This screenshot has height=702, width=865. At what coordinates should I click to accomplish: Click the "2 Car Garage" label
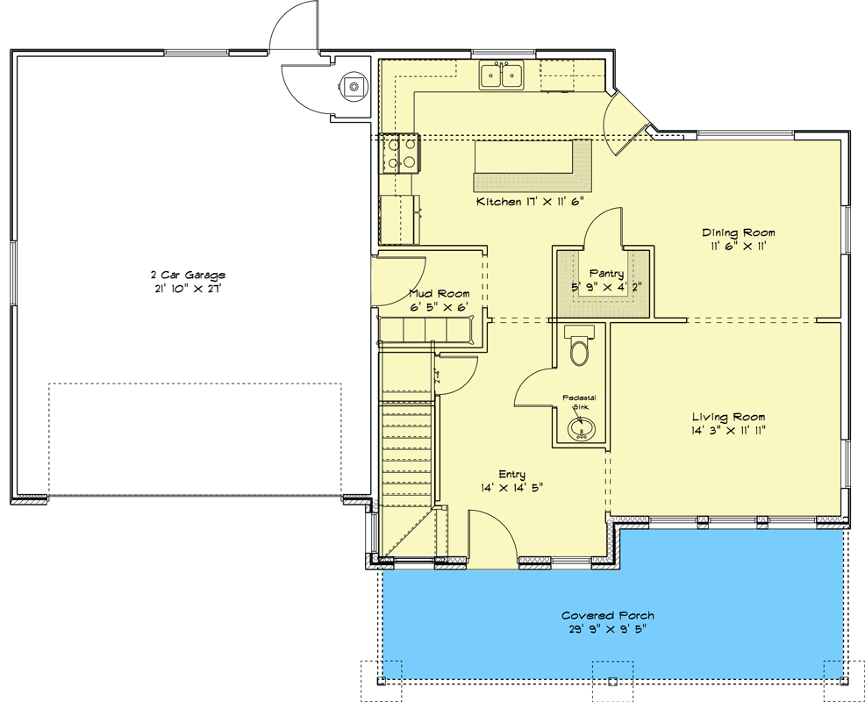click(x=187, y=275)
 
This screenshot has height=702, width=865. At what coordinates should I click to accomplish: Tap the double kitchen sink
click(x=502, y=75)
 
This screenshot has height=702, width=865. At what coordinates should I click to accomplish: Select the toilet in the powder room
click(x=580, y=348)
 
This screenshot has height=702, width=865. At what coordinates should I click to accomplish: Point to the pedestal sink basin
click(x=580, y=429)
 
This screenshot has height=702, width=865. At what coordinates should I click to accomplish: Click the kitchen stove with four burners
click(x=401, y=153)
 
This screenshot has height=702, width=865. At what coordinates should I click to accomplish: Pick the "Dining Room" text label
click(x=738, y=233)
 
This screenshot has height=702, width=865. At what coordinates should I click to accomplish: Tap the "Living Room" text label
click(x=728, y=417)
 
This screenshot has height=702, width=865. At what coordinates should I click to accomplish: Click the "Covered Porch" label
click(x=608, y=615)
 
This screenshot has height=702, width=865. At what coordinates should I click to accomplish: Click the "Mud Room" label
click(x=439, y=293)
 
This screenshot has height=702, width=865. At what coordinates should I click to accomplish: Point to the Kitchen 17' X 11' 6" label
click(x=530, y=202)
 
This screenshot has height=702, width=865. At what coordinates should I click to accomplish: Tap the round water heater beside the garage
click(x=354, y=86)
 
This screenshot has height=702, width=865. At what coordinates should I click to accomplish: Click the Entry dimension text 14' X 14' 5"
click(x=511, y=487)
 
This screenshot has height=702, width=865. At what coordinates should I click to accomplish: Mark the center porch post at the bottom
click(x=612, y=680)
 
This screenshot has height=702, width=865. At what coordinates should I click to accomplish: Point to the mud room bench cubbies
click(x=425, y=330)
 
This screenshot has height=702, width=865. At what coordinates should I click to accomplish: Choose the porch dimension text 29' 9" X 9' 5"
click(x=608, y=628)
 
